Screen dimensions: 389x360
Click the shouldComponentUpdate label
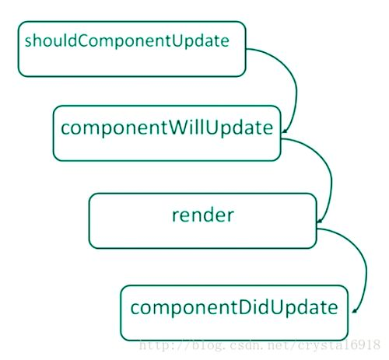(127, 41)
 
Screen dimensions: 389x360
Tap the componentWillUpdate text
(167, 128)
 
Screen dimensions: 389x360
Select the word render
(203, 215)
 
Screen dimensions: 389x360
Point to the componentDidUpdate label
(234, 308)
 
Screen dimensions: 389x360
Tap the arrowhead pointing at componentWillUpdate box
(285, 131)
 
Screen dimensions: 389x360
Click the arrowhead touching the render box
(320, 221)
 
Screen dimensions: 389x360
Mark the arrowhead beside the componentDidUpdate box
(355, 310)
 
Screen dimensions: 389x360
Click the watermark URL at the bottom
(260, 345)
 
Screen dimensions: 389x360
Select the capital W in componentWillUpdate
(179, 128)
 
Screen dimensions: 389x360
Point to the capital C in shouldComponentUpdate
(83, 40)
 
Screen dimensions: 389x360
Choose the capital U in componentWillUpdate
(213, 128)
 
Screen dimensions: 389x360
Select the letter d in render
(207, 215)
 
